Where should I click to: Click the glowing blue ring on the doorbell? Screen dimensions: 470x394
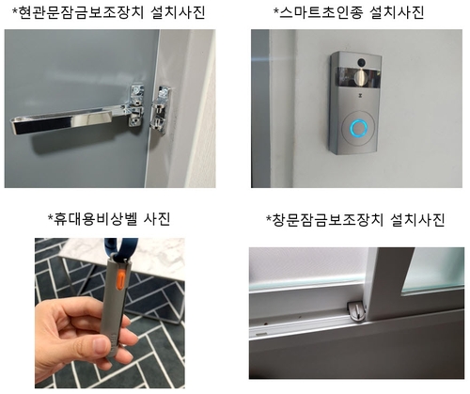coord(358,128)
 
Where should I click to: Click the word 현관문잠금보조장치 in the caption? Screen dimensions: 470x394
coord(81,13)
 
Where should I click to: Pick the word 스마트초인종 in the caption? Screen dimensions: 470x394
coord(321,13)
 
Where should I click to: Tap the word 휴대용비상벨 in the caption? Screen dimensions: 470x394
coord(96,218)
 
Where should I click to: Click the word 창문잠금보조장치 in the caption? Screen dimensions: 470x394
coord(327,220)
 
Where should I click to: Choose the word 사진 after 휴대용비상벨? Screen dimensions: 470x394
coord(157,218)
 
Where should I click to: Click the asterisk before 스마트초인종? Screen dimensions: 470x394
coord(275,11)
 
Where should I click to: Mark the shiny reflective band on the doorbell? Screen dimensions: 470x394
coord(358,76)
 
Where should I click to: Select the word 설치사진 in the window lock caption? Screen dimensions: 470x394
coord(417,220)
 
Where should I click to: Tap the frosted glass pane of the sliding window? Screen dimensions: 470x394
coord(433,270)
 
